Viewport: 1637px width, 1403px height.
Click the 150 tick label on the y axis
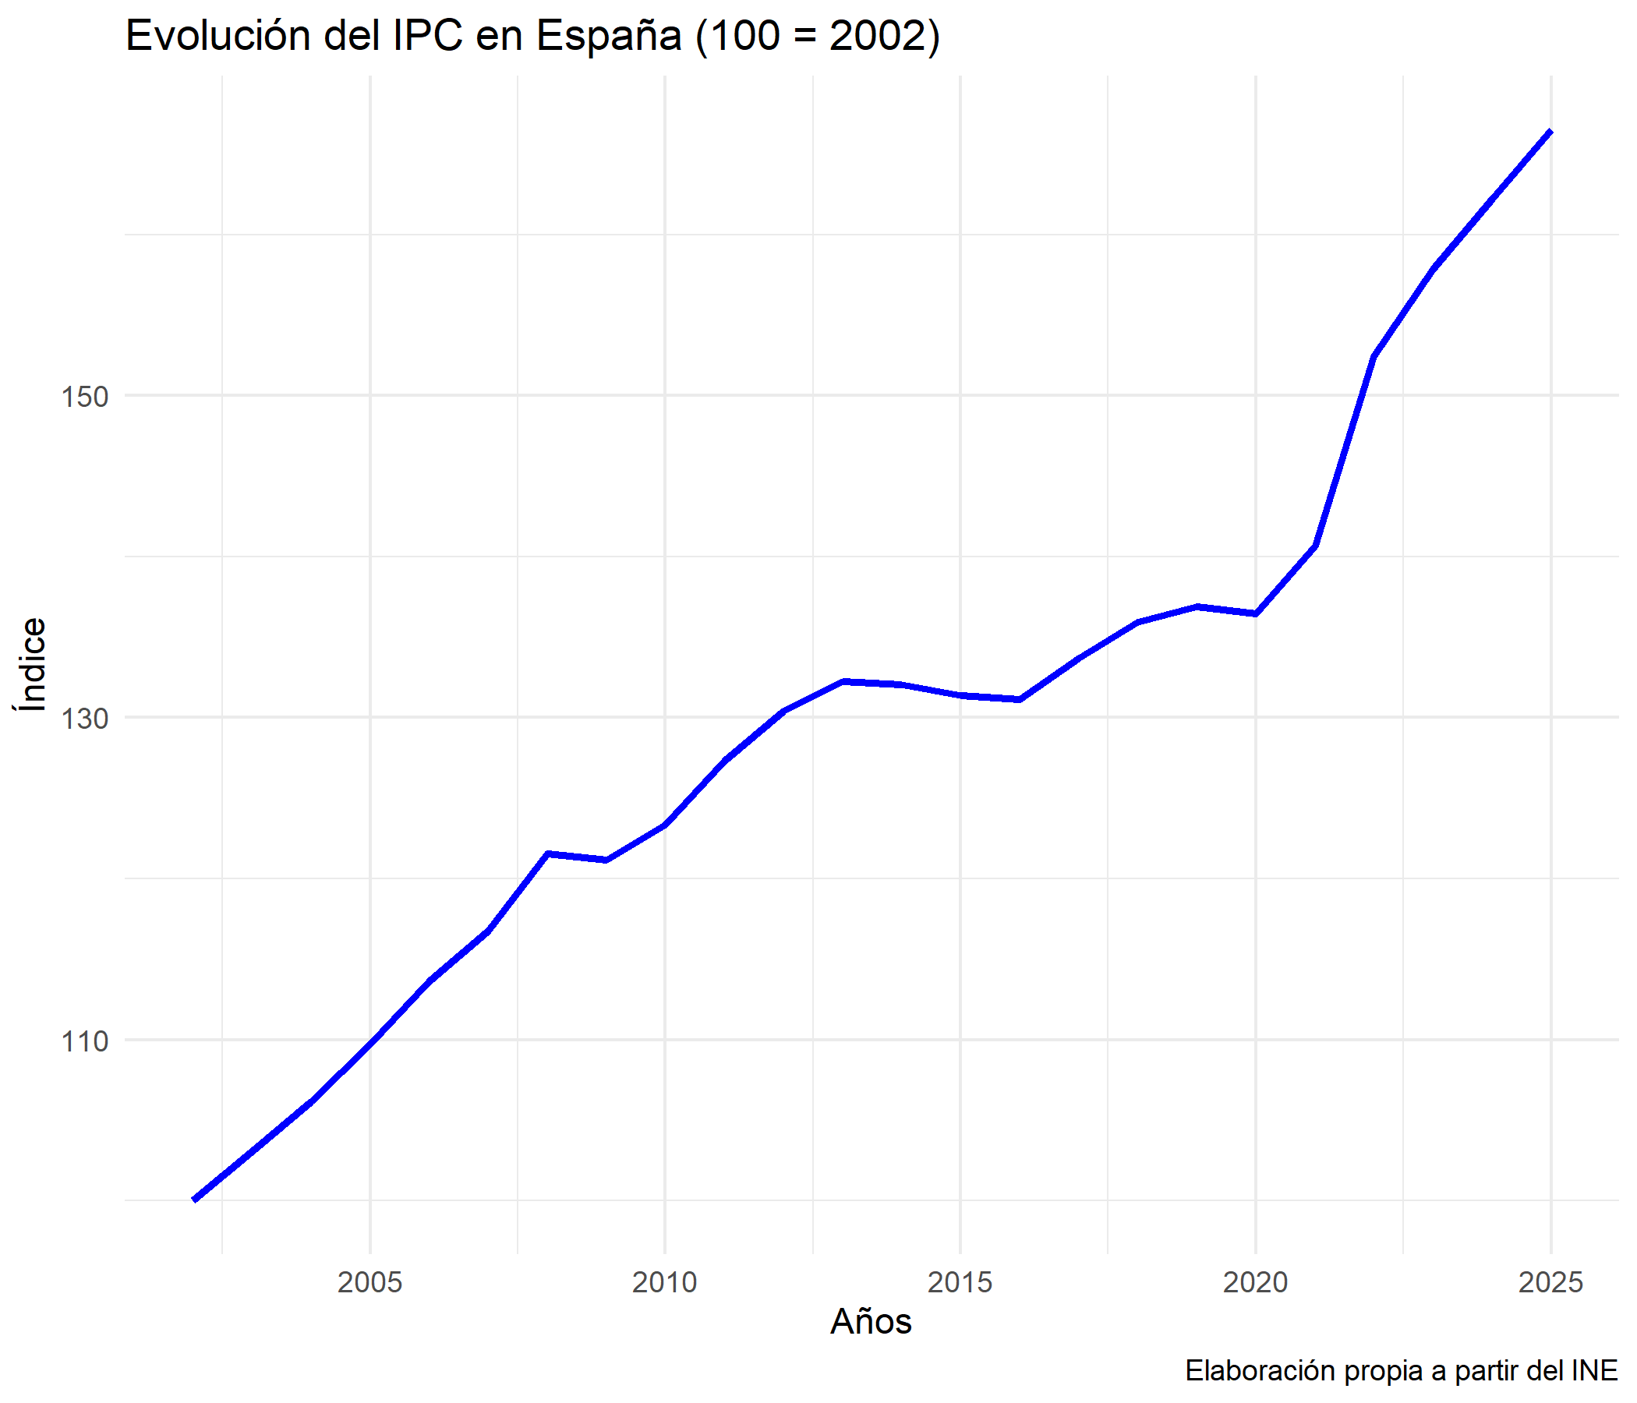click(x=84, y=397)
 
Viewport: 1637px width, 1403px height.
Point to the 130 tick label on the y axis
click(x=84, y=719)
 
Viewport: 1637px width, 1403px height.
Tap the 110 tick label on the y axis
click(x=84, y=1041)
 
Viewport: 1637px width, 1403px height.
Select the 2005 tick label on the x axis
click(x=369, y=1282)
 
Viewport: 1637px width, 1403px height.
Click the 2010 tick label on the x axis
click(x=664, y=1282)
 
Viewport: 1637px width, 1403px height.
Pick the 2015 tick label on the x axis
click(x=960, y=1282)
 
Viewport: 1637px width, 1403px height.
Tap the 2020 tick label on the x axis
click(x=1255, y=1282)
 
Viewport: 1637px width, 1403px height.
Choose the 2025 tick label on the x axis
click(x=1550, y=1282)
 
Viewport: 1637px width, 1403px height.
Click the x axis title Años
click(x=871, y=1322)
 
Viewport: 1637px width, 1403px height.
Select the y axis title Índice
click(x=32, y=664)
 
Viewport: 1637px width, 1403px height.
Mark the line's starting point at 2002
click(x=194, y=1200)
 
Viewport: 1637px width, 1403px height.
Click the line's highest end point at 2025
click(x=1551, y=131)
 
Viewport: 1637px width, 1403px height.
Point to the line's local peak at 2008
click(x=547, y=854)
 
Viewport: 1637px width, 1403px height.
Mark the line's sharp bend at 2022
click(x=1374, y=357)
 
